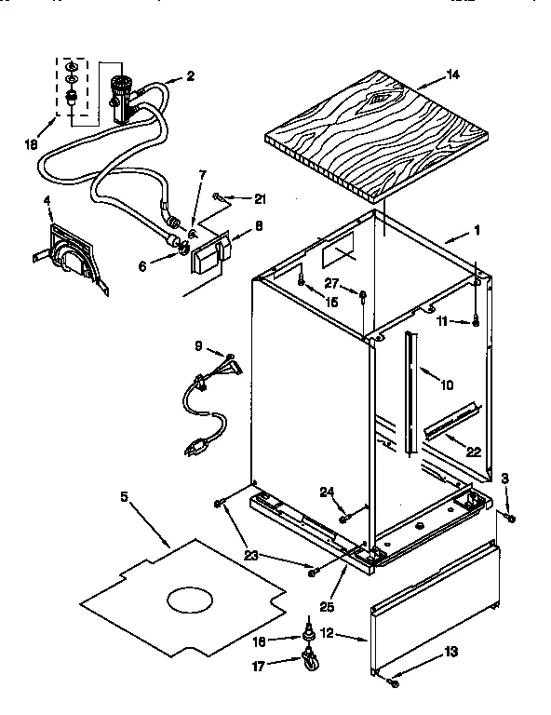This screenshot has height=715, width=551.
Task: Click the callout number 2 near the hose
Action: pyautogui.click(x=190, y=76)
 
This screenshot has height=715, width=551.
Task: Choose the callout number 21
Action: pyautogui.click(x=260, y=198)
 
